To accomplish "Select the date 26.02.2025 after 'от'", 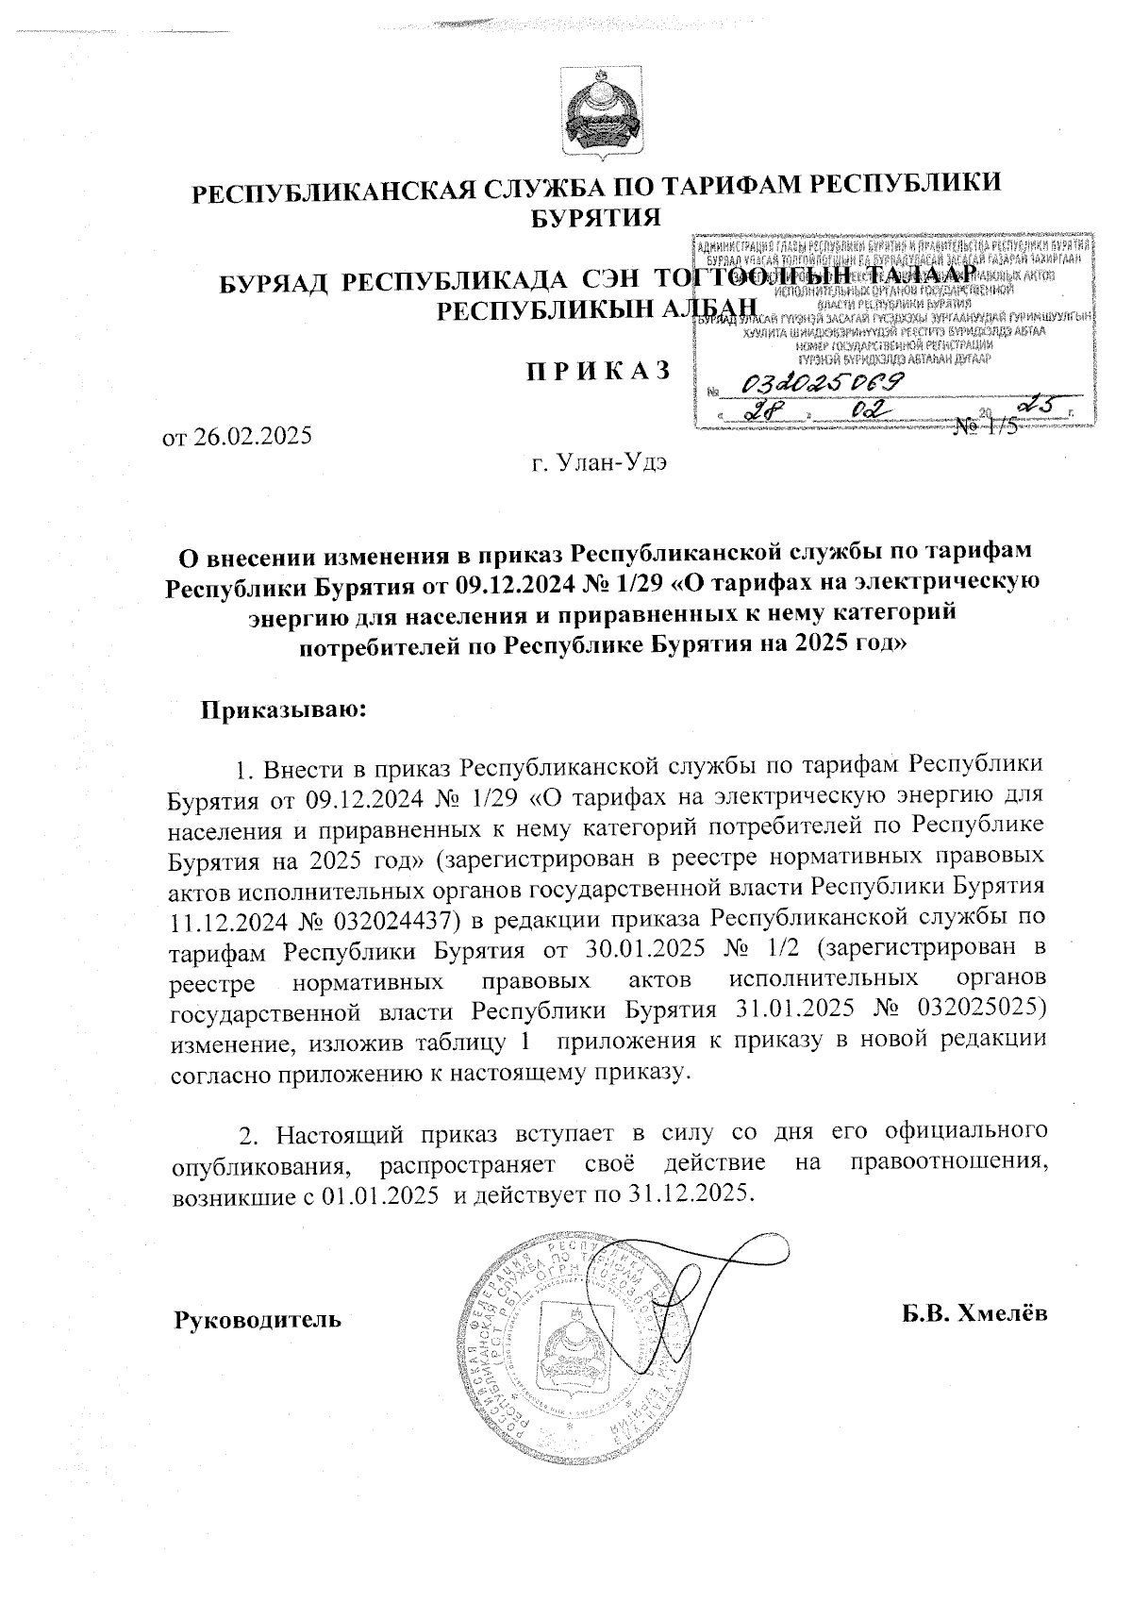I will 252,437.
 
